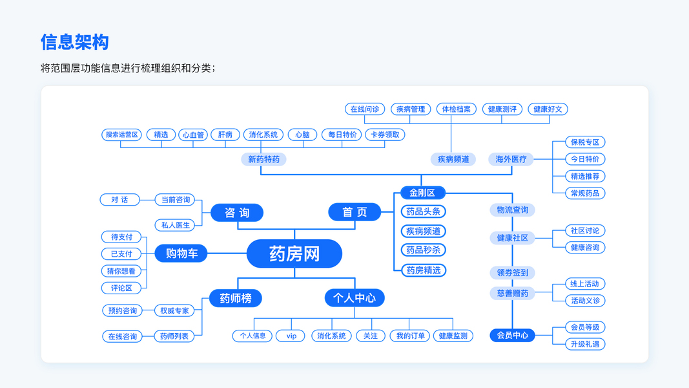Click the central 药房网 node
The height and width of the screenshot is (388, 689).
294,253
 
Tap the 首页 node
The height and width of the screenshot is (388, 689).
355,212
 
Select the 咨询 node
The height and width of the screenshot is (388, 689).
237,213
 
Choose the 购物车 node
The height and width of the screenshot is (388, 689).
181,253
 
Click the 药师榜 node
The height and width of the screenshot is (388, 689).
235,298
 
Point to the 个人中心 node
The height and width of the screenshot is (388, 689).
355,298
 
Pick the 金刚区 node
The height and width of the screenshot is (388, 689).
422,193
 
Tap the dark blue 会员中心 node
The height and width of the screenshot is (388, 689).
513,335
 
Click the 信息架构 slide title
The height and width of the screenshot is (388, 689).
75,42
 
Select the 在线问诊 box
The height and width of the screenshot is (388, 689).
365,109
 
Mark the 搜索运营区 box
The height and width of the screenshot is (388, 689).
122,135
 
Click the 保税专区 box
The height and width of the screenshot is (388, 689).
585,142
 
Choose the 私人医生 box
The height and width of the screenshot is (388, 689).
175,225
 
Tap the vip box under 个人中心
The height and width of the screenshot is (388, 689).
291,336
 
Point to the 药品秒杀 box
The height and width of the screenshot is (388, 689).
424,250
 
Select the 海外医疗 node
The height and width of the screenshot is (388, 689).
511,159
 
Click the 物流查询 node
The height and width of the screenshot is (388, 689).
513,210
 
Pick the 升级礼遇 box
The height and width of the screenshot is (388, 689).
585,344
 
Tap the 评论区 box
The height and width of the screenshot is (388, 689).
121,288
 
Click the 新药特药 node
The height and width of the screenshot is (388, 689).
263,159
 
